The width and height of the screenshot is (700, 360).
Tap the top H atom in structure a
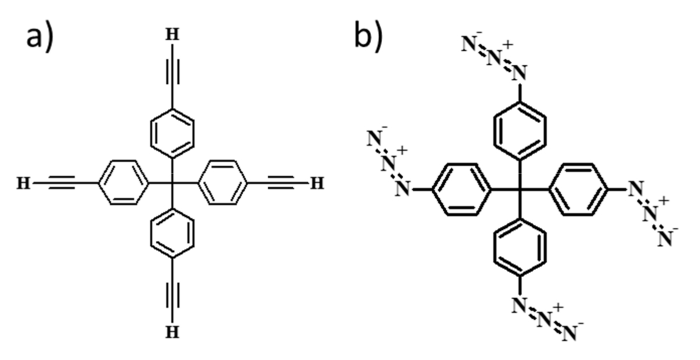(x=171, y=35)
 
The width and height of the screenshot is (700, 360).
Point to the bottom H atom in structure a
(x=171, y=332)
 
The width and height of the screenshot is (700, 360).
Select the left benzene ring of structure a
(x=122, y=183)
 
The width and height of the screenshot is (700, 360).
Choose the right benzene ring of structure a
(x=221, y=183)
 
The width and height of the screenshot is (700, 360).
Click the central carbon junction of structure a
(x=171, y=183)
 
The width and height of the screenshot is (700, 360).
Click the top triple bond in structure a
(x=171, y=76)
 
